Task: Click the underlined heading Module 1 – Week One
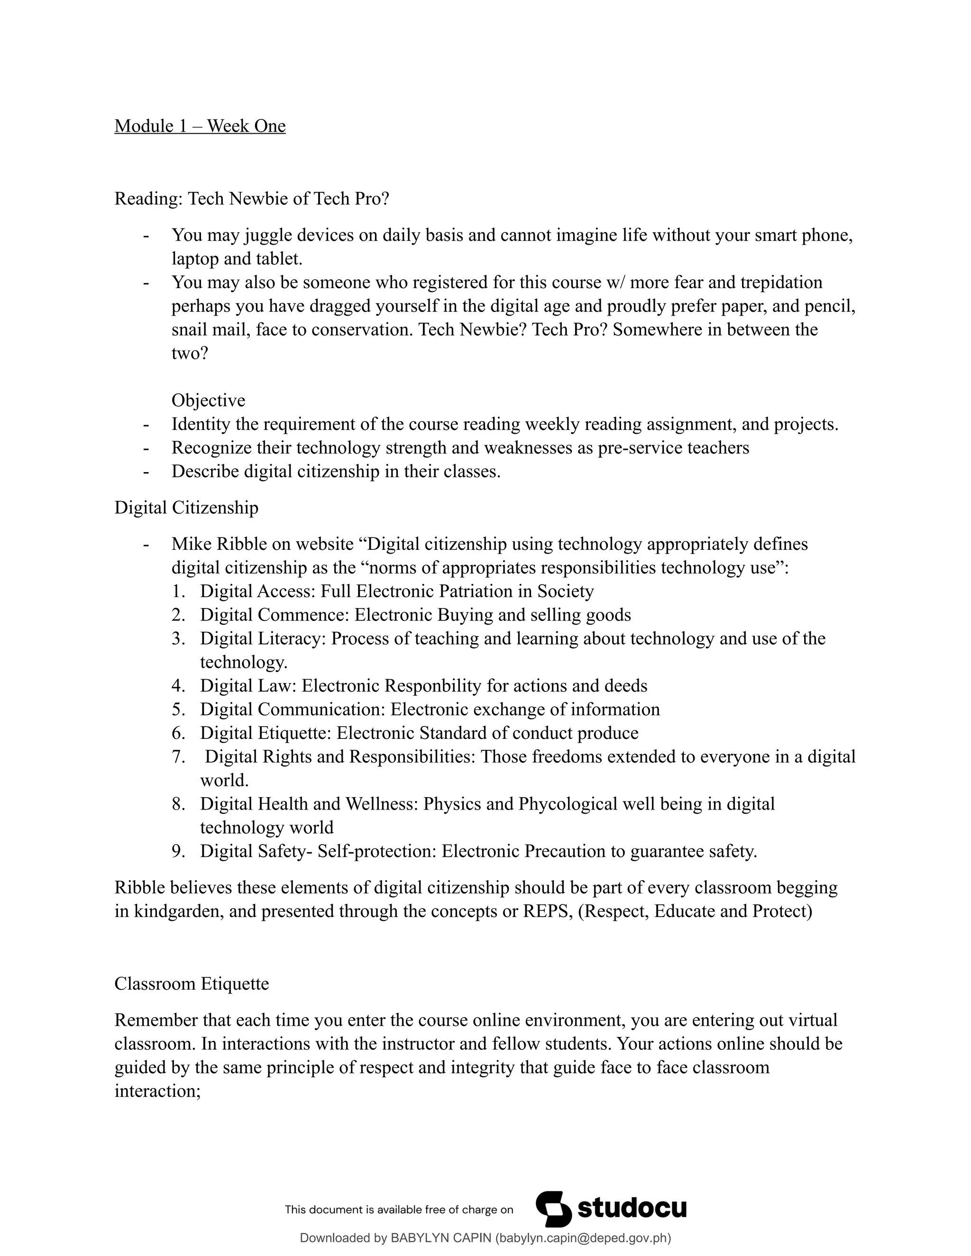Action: click(200, 126)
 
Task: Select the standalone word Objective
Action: click(208, 400)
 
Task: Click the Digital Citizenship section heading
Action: click(186, 508)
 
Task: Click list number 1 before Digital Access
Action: click(178, 591)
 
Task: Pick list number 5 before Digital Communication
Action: click(178, 709)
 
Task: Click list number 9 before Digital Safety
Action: click(178, 851)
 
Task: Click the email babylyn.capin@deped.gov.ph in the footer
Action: click(583, 1238)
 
